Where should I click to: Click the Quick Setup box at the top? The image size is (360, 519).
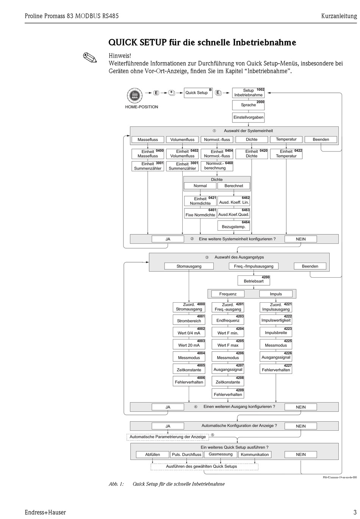[x=198, y=93]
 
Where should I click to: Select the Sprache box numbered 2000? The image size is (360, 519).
[x=248, y=105]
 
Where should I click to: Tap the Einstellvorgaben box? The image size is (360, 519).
[x=248, y=117]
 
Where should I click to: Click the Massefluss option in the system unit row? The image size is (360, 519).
[x=148, y=139]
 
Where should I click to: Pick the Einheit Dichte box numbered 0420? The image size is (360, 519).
[x=251, y=154]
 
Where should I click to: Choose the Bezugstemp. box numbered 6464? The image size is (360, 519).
[x=234, y=226]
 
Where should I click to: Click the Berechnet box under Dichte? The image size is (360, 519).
[x=234, y=186]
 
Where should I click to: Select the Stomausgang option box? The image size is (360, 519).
[x=189, y=266]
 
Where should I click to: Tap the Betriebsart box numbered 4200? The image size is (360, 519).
[x=254, y=281]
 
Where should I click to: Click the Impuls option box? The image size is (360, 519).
[x=276, y=294]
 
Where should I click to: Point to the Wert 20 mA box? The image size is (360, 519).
[x=189, y=345]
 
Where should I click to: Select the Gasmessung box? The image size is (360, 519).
[x=221, y=454]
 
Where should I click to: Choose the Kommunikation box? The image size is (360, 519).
[x=255, y=455]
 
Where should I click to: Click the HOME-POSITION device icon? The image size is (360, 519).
[x=134, y=95]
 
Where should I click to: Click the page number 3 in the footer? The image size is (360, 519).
[x=355, y=512]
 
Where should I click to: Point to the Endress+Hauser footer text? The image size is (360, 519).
[x=45, y=512]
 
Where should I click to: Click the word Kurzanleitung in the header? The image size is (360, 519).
[x=339, y=16]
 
